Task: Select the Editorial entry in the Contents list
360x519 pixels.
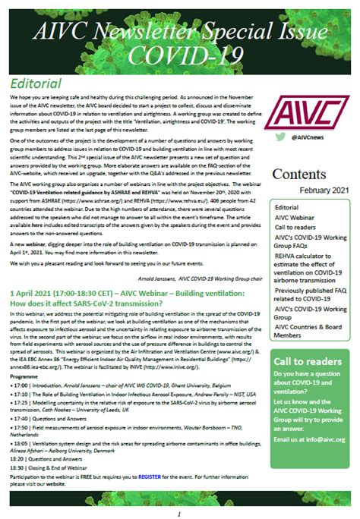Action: click(287, 206)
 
